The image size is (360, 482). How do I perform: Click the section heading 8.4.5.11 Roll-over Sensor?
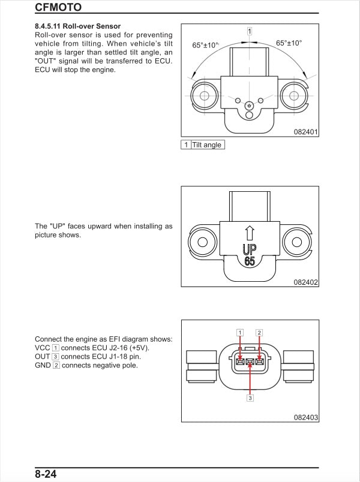tap(77, 26)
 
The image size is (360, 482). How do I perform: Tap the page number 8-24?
tap(46, 474)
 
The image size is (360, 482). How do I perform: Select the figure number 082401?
tap(305, 131)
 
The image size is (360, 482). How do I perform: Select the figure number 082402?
tap(305, 282)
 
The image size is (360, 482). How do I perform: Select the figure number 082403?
tap(305, 417)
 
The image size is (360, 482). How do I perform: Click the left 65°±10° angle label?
tap(206, 45)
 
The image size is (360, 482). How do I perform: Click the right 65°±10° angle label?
tap(289, 43)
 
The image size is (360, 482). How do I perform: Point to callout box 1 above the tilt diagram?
tap(250, 31)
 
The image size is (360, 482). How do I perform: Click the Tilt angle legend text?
tap(207, 145)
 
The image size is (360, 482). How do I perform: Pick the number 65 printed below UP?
tap(249, 261)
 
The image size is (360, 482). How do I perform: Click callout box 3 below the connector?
tap(250, 397)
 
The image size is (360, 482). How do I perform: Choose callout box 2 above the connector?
tap(259, 332)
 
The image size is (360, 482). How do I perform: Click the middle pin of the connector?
tap(250, 361)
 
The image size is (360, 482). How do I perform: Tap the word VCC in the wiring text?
tap(43, 348)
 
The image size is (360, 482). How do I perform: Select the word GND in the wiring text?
tap(43, 365)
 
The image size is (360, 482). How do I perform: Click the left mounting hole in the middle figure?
tap(203, 242)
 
